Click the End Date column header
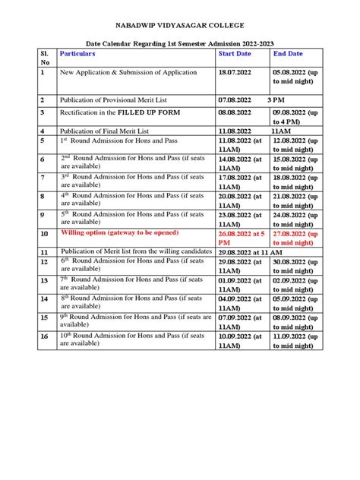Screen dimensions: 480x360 (289, 54)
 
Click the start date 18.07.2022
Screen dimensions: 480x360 (238, 73)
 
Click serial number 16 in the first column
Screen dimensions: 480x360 (44, 335)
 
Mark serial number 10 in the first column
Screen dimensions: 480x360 (44, 235)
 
